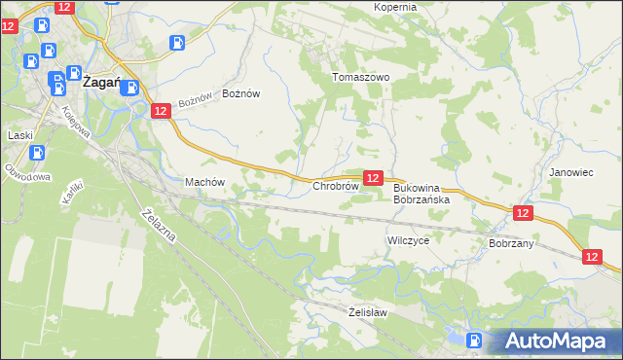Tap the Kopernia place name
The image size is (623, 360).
click(x=395, y=7)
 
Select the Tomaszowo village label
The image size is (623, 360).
click(x=361, y=77)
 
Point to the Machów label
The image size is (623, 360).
click(x=204, y=182)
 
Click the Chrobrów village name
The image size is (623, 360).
click(x=336, y=185)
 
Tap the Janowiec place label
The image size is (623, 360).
click(x=570, y=171)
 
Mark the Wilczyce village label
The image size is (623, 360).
click(x=408, y=238)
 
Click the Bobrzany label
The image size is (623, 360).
click(x=512, y=243)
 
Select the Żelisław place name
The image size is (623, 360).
click(x=369, y=312)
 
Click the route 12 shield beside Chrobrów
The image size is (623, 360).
click(x=373, y=177)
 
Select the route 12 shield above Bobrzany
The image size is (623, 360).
click(x=523, y=212)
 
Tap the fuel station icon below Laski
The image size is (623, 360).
click(x=37, y=153)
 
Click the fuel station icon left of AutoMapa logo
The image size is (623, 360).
click(x=474, y=340)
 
